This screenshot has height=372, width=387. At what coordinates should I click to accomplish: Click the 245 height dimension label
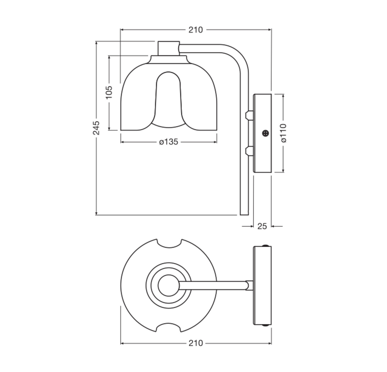point(96,128)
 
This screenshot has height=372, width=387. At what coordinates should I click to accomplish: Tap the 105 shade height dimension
point(109,92)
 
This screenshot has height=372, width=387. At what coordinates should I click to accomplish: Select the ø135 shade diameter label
point(169,142)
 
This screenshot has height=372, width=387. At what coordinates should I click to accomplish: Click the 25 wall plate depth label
point(262,226)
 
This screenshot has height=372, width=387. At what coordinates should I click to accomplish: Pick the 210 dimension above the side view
point(196,30)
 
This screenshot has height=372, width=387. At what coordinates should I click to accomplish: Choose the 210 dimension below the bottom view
point(196,343)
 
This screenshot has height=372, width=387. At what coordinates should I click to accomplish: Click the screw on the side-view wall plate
point(266,133)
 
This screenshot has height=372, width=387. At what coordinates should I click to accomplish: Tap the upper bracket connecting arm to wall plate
point(249,115)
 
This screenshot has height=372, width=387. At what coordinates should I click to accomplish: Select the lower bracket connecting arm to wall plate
point(249,151)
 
